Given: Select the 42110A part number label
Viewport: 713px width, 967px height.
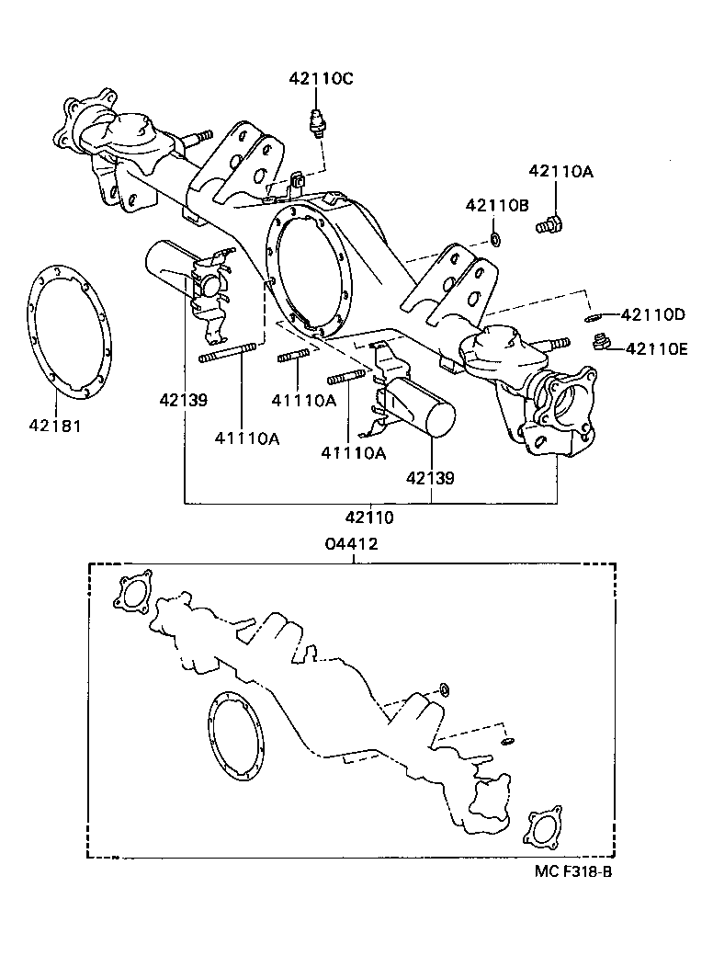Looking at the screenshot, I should point(560,171).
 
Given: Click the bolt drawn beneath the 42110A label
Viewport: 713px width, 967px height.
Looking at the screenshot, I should point(552,222).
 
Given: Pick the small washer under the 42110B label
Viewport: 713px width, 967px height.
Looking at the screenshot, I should point(495,240).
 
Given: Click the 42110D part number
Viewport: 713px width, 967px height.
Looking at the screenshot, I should point(652,314).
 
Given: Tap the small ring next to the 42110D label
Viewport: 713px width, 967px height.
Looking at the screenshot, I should point(594,318).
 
